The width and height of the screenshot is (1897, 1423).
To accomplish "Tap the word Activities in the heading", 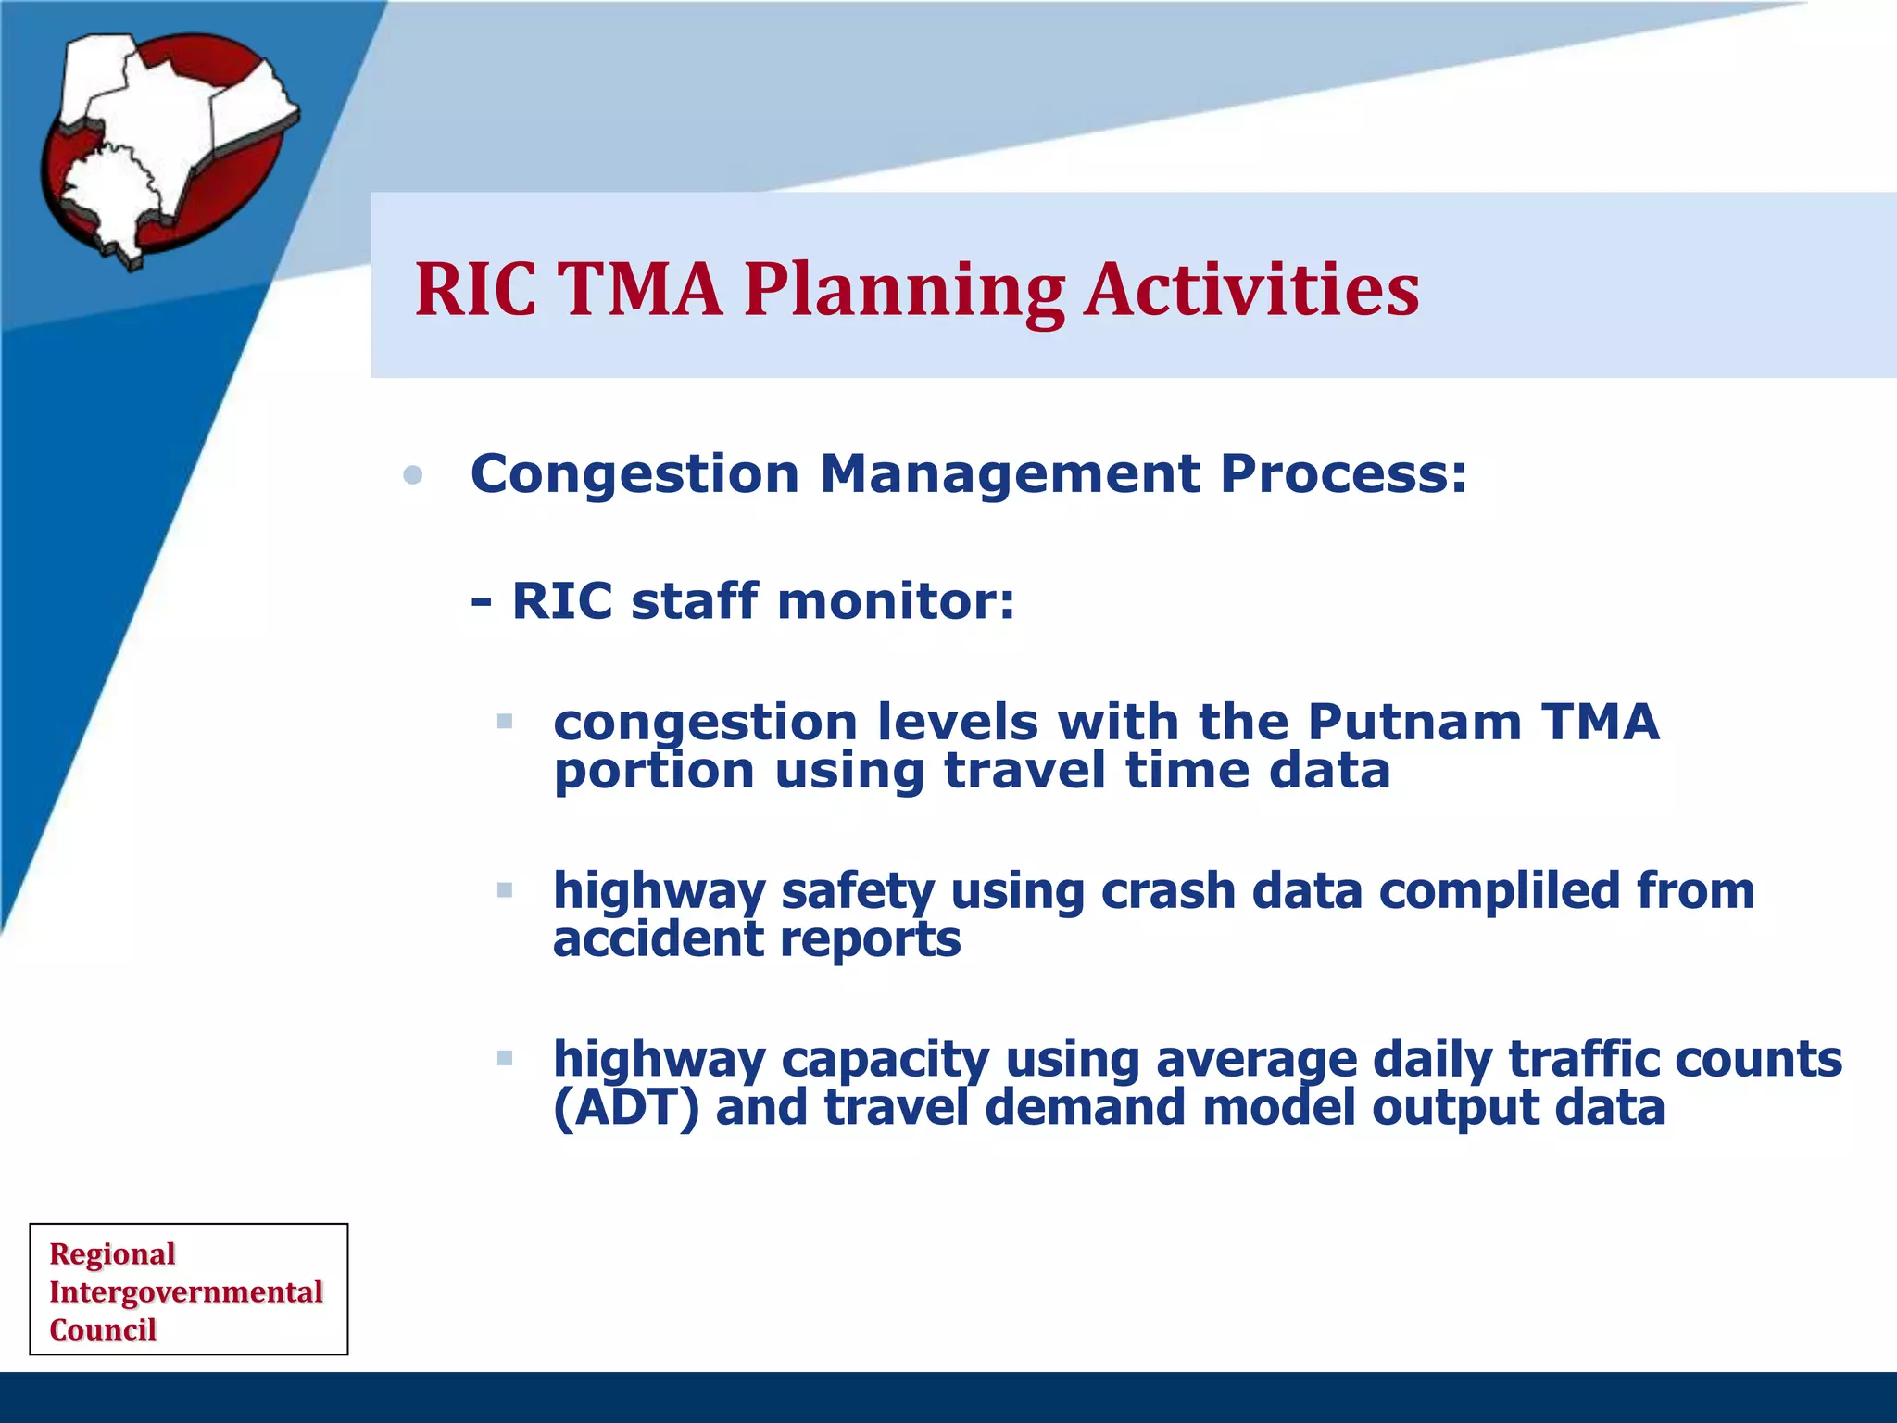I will tap(1251, 289).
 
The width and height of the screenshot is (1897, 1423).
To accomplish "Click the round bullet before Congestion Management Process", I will tap(413, 476).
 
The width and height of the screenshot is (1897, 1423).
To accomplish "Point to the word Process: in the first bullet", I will tap(1343, 474).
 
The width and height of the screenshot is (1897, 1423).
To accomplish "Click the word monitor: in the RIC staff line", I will tap(896, 601).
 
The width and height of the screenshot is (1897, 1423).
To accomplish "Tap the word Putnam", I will tap(1414, 722).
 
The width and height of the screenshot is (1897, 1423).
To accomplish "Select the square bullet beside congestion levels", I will tap(505, 721).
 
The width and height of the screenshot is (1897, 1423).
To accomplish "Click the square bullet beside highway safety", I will tap(505, 890).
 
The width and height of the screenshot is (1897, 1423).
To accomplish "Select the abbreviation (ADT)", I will tap(626, 1108).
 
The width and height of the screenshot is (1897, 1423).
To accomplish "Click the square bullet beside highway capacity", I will tap(505, 1058).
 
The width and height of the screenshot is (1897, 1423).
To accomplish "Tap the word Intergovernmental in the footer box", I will tap(185, 1291).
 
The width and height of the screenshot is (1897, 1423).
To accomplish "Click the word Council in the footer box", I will tap(103, 1329).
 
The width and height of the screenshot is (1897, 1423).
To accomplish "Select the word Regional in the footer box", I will tap(112, 1253).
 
